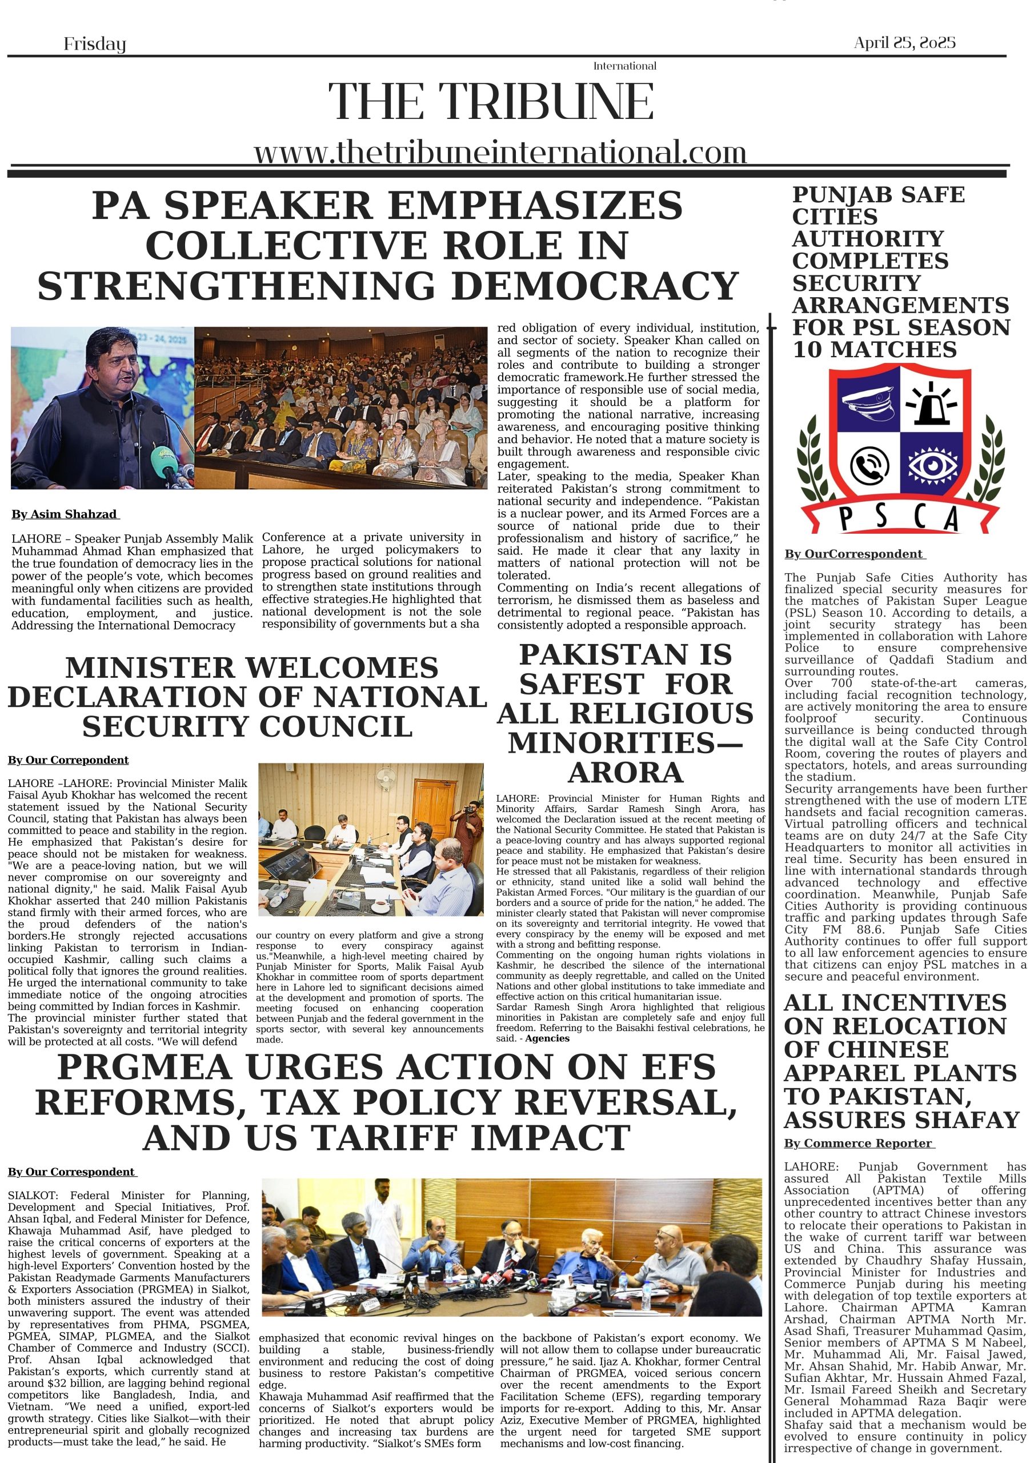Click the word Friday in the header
coord(94,44)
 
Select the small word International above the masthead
coord(624,66)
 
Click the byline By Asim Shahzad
coord(65,514)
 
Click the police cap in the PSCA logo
coord(867,403)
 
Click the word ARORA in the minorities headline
coord(625,772)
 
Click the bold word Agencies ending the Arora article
coord(547,1038)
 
